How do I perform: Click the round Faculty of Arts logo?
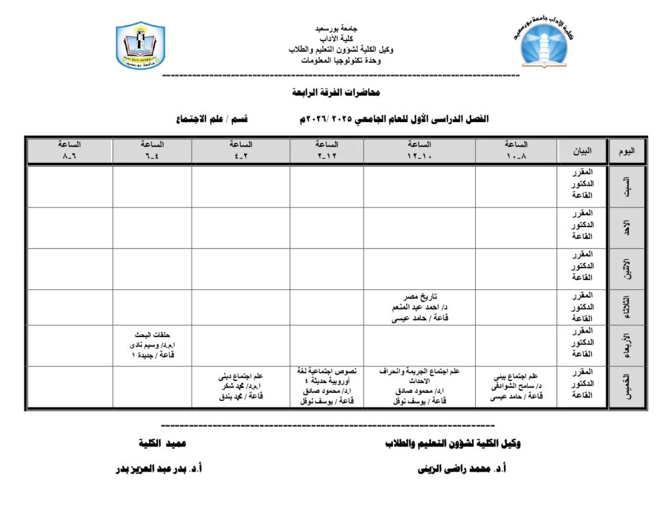[x=545, y=44]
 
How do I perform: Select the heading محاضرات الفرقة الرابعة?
[x=336, y=93]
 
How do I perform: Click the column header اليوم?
[x=627, y=151]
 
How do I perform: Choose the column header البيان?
[x=581, y=151]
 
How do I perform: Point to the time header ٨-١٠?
[x=516, y=151]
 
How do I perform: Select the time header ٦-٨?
[x=70, y=151]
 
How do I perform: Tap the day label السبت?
[x=627, y=186]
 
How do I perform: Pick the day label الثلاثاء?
[x=627, y=307]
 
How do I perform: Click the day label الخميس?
[x=627, y=386]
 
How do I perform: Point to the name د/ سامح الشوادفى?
[x=517, y=386]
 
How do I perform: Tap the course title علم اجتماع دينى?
[x=241, y=377]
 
